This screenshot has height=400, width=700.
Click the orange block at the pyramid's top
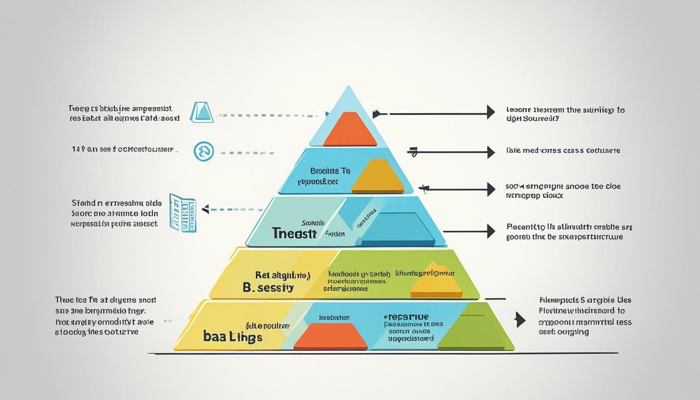[350, 130]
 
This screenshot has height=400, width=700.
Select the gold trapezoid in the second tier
[378, 177]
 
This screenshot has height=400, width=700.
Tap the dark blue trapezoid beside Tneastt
[398, 229]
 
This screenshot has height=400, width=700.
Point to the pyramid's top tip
[347, 89]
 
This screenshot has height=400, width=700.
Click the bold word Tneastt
[294, 233]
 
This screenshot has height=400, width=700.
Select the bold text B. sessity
[268, 287]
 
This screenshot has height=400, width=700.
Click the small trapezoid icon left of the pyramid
[202, 112]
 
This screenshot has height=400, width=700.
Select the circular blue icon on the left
[204, 152]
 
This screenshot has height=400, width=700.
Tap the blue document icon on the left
[182, 213]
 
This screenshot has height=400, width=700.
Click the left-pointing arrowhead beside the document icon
[205, 209]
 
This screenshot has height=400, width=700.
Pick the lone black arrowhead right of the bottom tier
[520, 319]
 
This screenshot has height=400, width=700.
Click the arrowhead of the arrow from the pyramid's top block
[490, 112]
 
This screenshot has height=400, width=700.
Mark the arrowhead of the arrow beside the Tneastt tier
[490, 231]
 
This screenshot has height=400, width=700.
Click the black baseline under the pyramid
[385, 354]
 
